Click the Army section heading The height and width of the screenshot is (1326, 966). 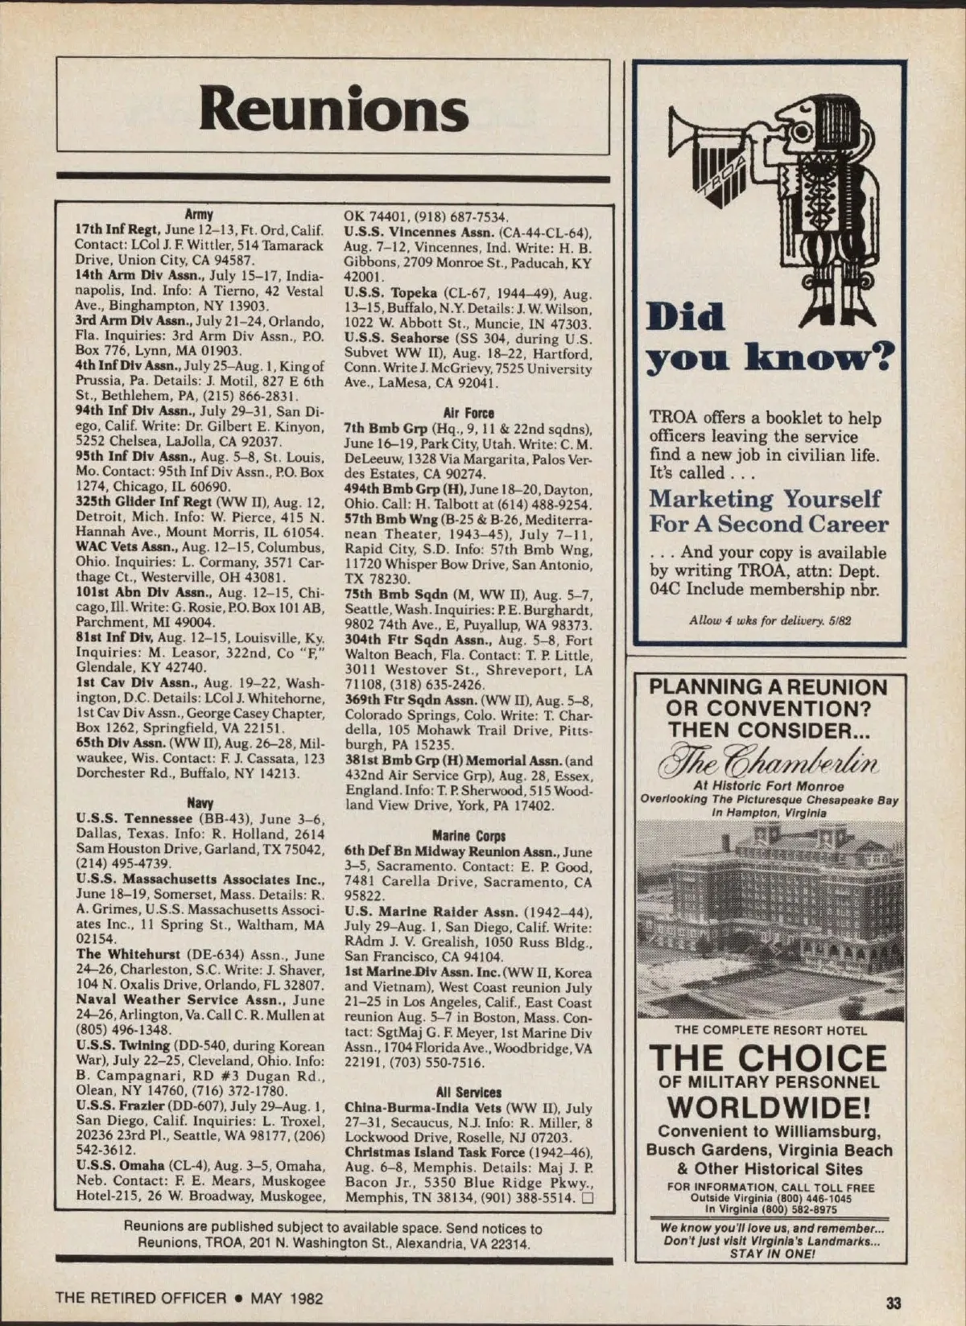coord(199,214)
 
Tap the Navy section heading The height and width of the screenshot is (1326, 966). coord(200,803)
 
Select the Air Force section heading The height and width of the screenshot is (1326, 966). coord(469,413)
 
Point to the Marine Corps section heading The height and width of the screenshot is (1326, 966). coord(469,836)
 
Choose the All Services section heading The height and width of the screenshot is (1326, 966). coord(469,1092)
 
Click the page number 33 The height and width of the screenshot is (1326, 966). coord(894,1302)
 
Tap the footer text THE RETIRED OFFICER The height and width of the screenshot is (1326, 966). coord(141,1298)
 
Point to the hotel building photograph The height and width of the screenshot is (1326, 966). coord(770,917)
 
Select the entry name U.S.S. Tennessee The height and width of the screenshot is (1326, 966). coord(134,819)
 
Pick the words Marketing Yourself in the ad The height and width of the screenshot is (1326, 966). coord(765,499)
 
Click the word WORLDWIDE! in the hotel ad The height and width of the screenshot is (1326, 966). coord(769,1107)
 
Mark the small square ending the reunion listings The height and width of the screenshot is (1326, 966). coord(587,1197)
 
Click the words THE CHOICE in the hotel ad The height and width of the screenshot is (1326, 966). coord(769,1057)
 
